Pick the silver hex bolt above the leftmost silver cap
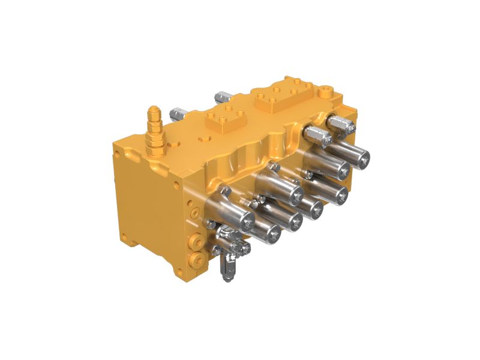(225, 191)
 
